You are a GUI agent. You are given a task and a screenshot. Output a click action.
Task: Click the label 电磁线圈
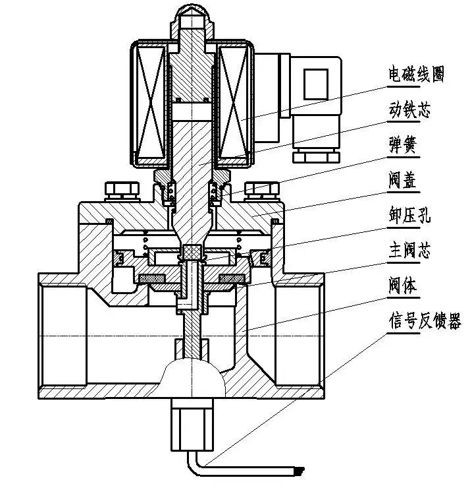415,75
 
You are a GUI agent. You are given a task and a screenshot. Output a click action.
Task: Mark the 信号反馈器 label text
424,322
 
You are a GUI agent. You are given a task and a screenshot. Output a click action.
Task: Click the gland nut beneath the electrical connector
316,154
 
